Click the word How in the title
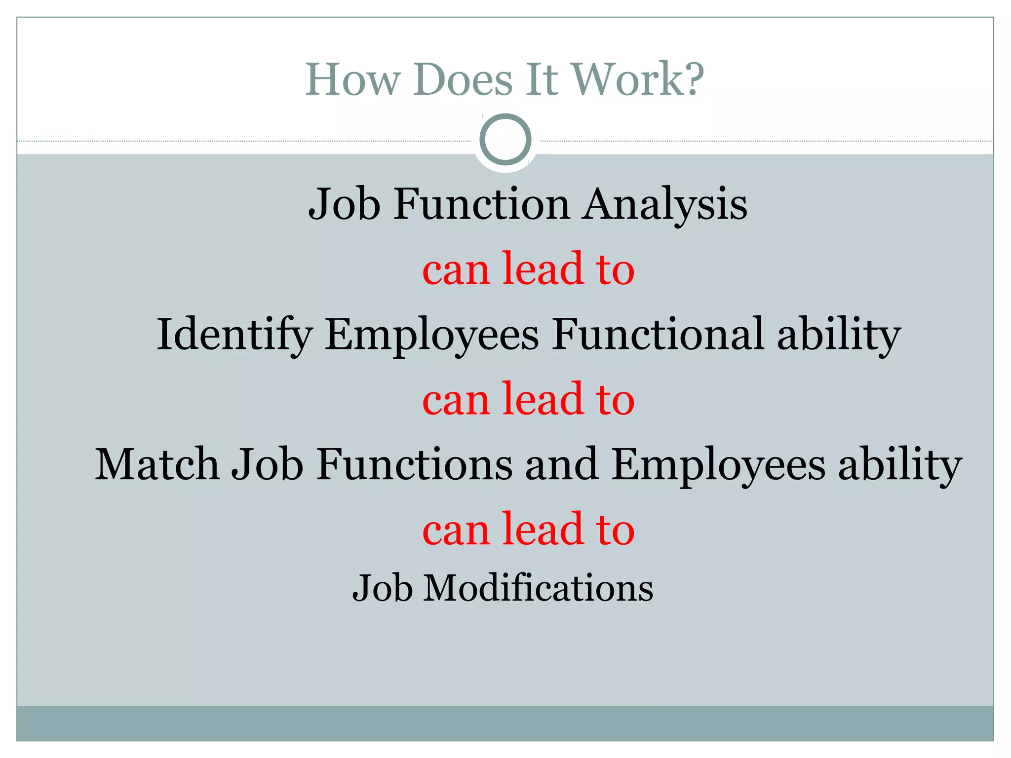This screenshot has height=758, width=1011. (352, 79)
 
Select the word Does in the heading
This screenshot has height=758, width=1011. (463, 79)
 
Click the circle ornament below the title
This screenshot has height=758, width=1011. (505, 139)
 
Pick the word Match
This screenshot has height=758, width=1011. (156, 464)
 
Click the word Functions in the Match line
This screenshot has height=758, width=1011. (414, 464)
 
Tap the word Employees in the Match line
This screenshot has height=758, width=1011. (718, 465)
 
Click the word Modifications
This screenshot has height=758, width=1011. (538, 588)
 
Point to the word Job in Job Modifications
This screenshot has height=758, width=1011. (382, 588)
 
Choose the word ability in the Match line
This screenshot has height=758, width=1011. (900, 465)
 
